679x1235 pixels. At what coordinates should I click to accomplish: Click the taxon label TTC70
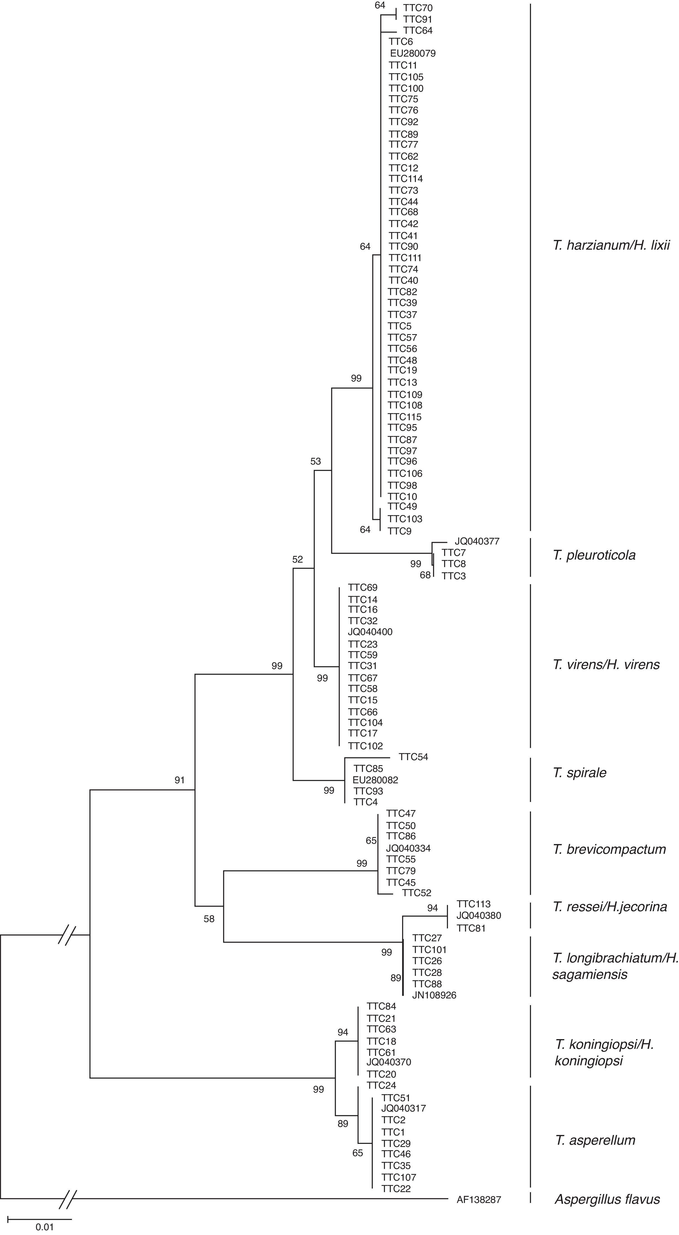(x=418, y=8)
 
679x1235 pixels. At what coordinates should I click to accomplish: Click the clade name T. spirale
(x=579, y=773)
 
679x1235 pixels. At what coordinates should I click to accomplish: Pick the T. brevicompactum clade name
(x=609, y=849)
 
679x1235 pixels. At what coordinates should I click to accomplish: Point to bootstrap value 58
(x=209, y=919)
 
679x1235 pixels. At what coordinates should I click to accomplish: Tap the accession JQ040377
(x=477, y=541)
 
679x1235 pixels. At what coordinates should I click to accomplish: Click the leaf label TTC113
(x=473, y=904)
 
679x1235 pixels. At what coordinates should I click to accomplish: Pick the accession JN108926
(x=434, y=996)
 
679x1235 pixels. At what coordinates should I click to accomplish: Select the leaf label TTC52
(x=416, y=893)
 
